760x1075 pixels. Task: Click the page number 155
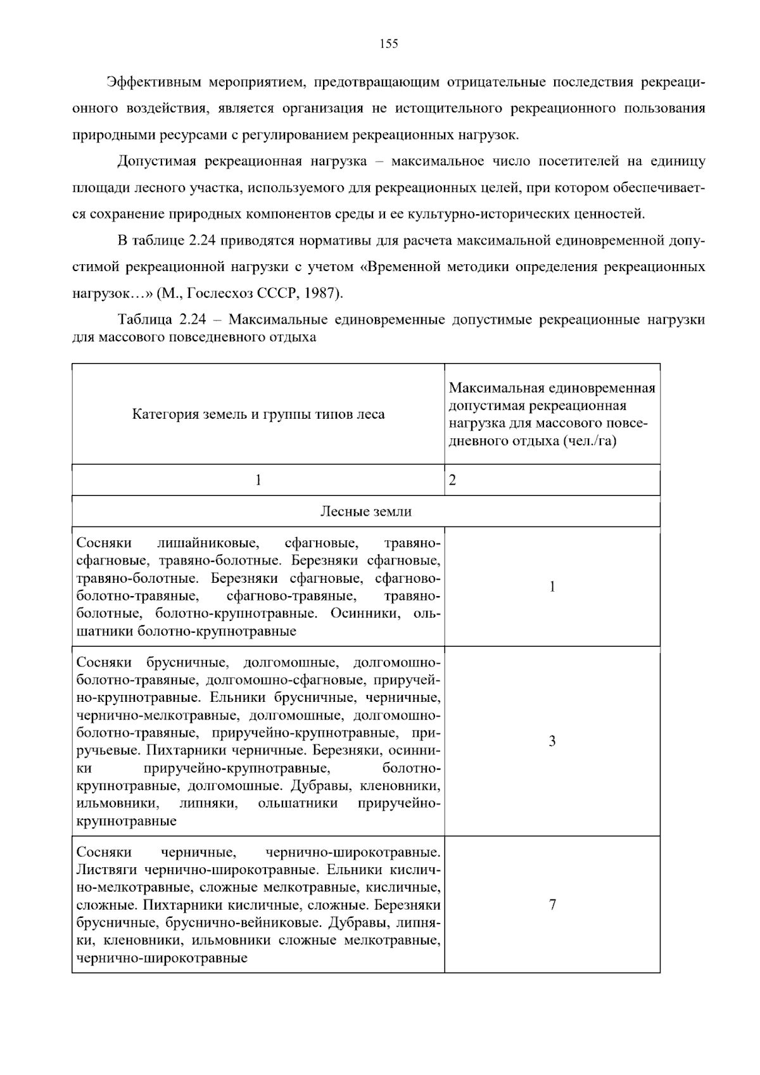click(x=388, y=44)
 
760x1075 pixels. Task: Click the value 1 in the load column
click(x=552, y=587)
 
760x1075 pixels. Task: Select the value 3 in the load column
click(x=552, y=741)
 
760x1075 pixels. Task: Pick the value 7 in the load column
click(x=552, y=905)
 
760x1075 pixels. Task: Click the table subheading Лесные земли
click(x=365, y=512)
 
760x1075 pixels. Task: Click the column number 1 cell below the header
click(x=258, y=480)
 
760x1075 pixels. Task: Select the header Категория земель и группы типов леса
click(x=258, y=415)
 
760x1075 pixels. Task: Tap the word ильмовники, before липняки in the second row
click(x=117, y=804)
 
